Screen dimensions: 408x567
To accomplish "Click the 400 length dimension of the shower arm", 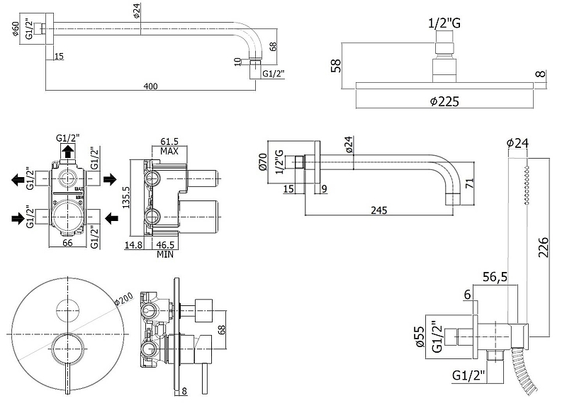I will pyautogui.click(x=150, y=86).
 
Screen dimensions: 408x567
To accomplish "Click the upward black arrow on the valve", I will pyautogui.click(x=67, y=152).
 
